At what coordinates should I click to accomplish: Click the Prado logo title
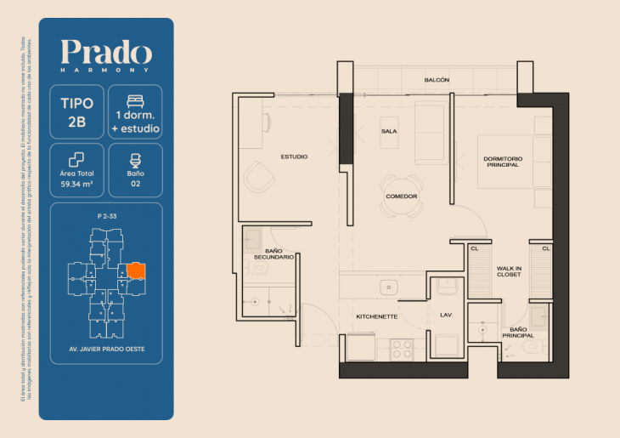point(106,53)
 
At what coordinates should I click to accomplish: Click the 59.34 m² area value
point(77,182)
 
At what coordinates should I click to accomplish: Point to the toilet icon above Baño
point(135,158)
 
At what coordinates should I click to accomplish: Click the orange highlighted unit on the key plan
point(136,270)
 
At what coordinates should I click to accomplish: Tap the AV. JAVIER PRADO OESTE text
point(106,349)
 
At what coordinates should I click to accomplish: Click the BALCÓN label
point(437,80)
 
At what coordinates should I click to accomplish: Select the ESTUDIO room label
point(294,156)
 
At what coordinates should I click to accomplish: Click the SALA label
point(389,131)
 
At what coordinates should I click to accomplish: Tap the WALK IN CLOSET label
point(510,270)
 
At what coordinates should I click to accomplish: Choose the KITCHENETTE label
point(377,316)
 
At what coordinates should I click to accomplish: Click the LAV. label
point(447,316)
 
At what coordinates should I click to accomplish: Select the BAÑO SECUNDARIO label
point(273,253)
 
